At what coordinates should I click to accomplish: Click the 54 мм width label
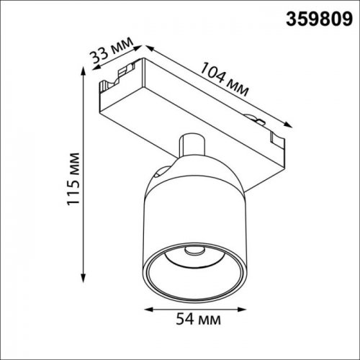(x=198, y=318)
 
